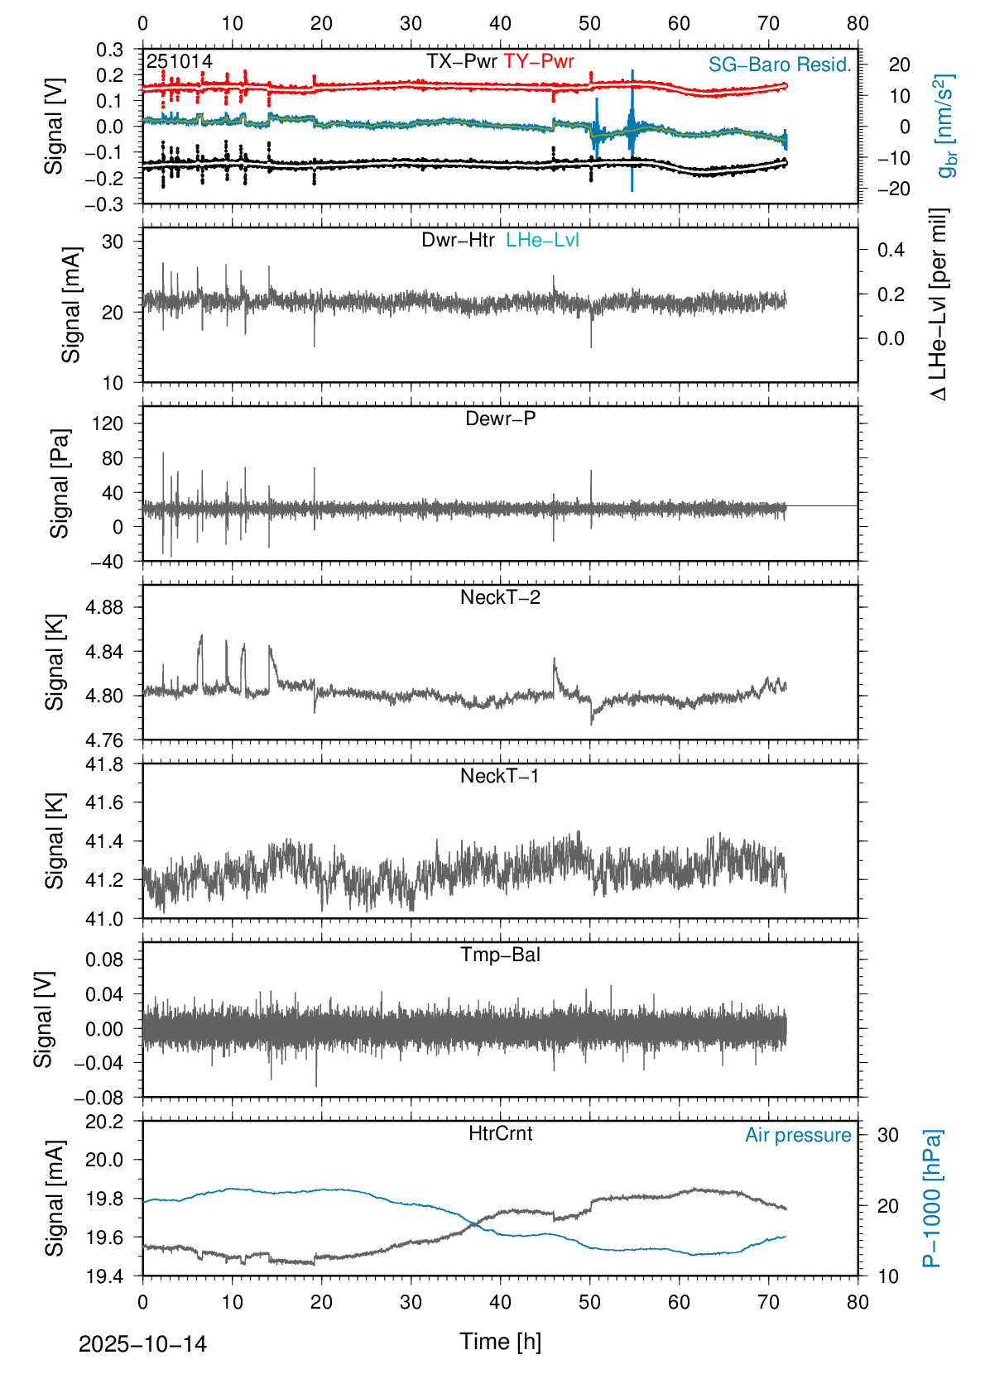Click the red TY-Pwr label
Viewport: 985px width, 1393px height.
point(538,62)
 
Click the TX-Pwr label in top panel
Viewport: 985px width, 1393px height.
point(461,62)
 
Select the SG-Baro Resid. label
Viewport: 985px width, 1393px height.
point(779,65)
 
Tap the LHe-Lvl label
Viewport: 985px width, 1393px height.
point(542,241)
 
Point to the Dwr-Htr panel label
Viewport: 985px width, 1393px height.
point(458,241)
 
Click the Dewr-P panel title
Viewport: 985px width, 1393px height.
point(500,419)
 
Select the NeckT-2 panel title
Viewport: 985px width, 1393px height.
point(500,598)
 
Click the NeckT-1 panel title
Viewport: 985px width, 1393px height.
point(500,777)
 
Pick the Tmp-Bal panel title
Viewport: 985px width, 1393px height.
point(500,955)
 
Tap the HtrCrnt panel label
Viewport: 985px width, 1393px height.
point(500,1134)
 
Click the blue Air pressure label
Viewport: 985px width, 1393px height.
point(798,1136)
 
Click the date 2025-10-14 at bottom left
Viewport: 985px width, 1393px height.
point(142,1344)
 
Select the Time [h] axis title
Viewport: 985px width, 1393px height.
point(500,1342)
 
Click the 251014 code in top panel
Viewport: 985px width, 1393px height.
point(180,62)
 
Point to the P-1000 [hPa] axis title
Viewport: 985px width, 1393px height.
point(933,1198)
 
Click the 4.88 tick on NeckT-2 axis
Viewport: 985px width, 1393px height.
point(104,608)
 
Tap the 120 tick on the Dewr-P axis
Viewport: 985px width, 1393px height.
point(108,424)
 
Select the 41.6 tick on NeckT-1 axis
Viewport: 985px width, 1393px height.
point(104,803)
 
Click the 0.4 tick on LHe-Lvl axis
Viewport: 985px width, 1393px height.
point(891,251)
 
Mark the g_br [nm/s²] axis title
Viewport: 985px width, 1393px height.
point(946,126)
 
